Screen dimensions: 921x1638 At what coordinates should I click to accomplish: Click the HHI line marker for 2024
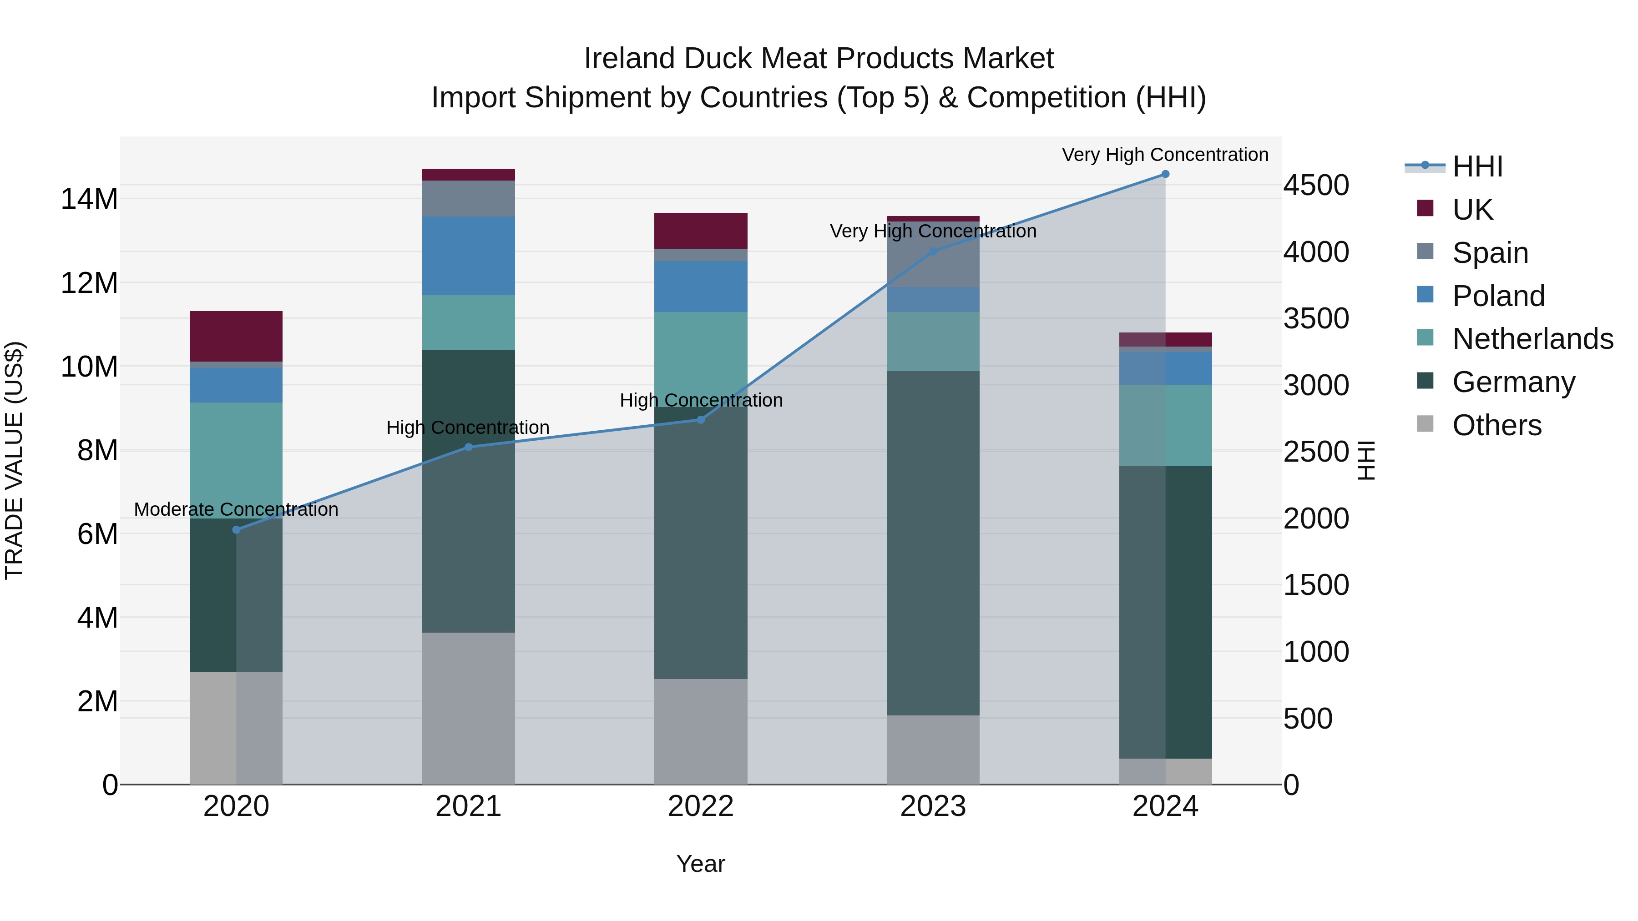click(1165, 174)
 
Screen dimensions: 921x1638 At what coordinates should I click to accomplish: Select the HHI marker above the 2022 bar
click(701, 419)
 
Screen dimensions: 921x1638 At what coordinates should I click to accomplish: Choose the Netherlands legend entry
click(1532, 339)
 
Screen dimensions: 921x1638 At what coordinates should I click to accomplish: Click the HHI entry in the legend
click(1477, 166)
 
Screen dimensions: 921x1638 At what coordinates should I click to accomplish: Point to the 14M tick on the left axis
click(89, 199)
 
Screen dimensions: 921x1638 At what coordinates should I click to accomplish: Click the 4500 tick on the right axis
click(1315, 186)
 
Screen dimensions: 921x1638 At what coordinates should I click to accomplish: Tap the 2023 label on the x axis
click(933, 806)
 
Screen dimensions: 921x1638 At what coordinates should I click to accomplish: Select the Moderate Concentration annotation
click(236, 509)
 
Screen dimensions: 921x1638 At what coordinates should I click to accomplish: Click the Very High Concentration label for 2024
click(1165, 155)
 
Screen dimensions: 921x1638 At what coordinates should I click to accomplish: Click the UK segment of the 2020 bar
click(236, 336)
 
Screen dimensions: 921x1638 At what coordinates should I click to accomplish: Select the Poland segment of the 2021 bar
click(468, 256)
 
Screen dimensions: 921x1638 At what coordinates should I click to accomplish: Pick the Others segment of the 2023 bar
click(933, 750)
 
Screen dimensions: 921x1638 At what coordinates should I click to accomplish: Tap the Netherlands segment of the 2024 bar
click(1165, 425)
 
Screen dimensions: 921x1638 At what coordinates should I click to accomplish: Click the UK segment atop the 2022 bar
click(701, 230)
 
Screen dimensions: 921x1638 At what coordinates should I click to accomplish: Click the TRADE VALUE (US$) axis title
click(14, 460)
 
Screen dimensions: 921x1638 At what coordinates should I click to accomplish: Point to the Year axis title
click(701, 864)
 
